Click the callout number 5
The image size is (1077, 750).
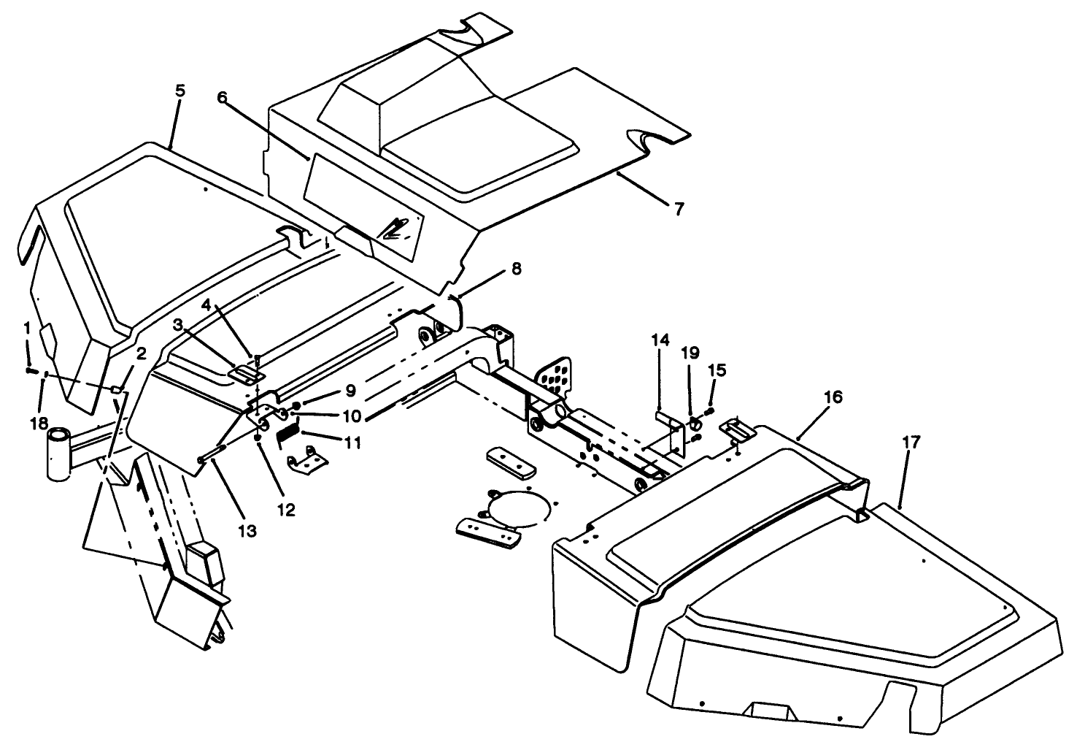click(x=180, y=91)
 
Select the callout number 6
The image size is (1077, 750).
click(x=223, y=97)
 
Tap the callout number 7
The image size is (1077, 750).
click(x=679, y=210)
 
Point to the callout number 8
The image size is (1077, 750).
click(x=517, y=269)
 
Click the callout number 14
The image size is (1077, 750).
click(x=660, y=340)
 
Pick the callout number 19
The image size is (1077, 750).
click(x=690, y=353)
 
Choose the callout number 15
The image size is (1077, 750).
click(x=717, y=370)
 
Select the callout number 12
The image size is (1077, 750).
click(x=286, y=510)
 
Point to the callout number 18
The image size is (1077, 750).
click(x=38, y=424)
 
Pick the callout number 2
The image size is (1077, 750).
click(x=141, y=354)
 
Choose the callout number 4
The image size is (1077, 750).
click(x=206, y=303)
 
